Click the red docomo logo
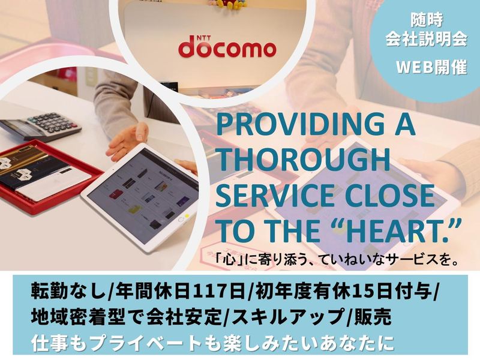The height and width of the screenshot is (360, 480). click(227, 49)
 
